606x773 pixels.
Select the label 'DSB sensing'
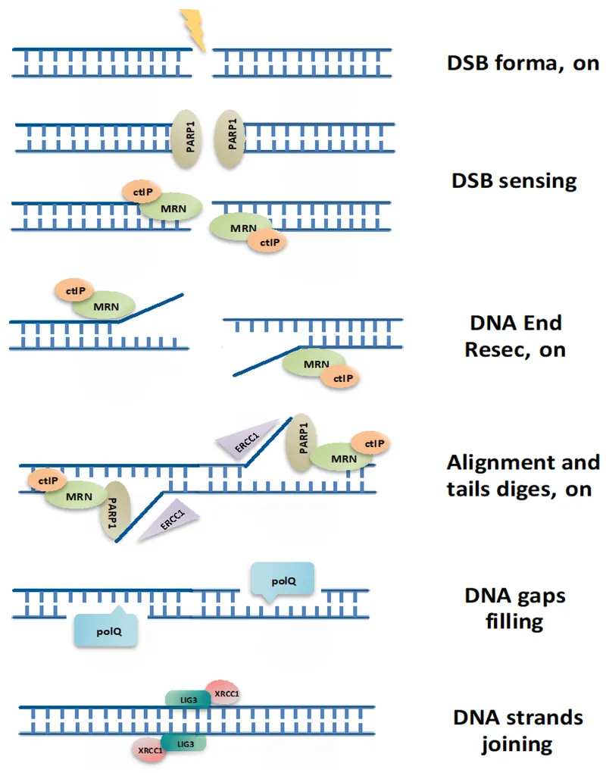tap(514, 180)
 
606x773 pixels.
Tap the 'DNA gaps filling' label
tap(514, 609)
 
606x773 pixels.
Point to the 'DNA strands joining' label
tap(518, 730)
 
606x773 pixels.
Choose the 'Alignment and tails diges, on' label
tap(523, 475)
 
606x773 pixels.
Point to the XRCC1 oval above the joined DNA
tap(223, 693)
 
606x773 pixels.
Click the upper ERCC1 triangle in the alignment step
tap(237, 440)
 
